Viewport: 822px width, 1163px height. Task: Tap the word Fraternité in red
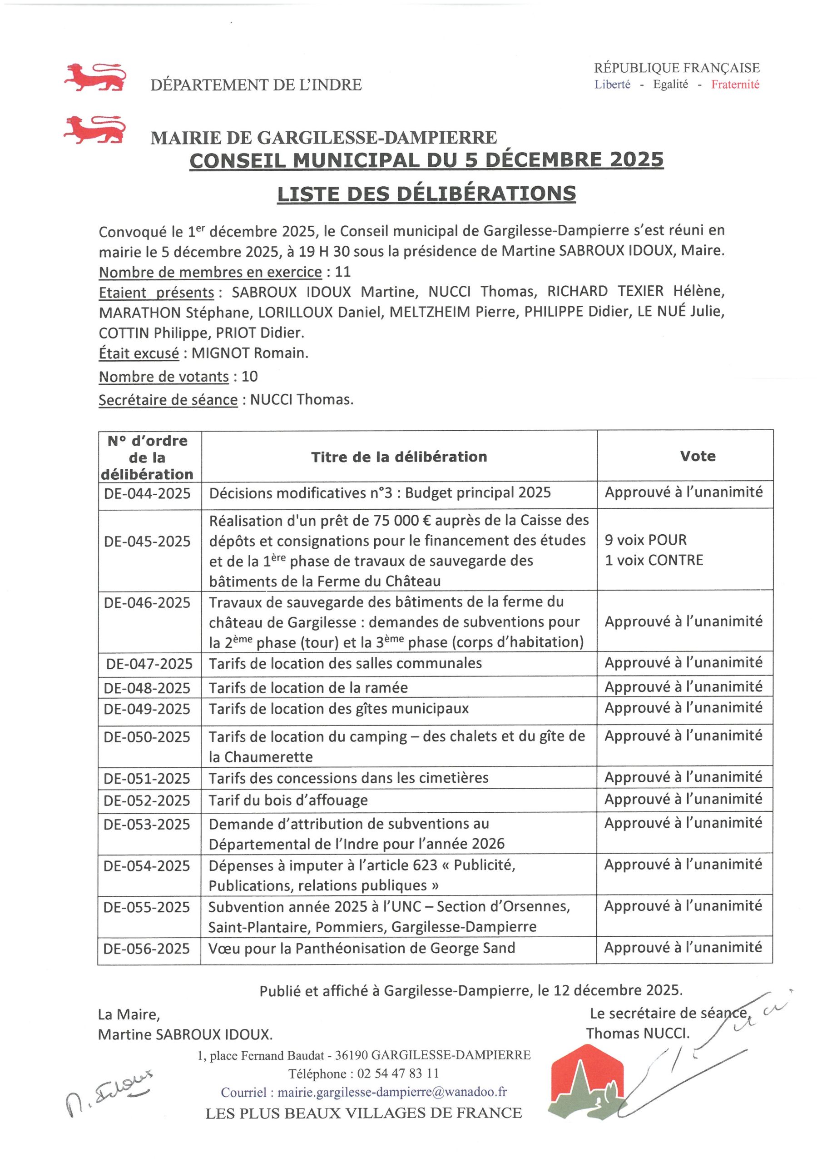tap(735, 84)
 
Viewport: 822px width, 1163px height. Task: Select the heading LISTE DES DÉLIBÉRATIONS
tap(426, 194)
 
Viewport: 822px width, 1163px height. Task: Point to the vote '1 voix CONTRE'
tap(654, 560)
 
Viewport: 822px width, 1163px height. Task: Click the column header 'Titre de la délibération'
tap(399, 457)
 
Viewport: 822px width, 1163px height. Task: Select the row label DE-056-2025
tap(147, 948)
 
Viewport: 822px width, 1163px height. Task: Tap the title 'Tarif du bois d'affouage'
tap(288, 800)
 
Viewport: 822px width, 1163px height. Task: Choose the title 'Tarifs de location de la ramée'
tap(308, 687)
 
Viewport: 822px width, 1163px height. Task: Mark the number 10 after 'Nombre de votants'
tap(250, 376)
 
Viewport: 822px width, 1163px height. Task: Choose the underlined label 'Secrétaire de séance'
tap(168, 400)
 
